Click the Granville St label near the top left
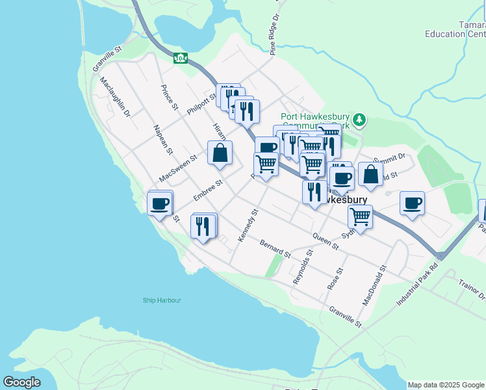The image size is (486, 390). (107, 58)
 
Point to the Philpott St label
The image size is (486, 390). (201, 103)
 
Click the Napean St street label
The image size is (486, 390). (163, 140)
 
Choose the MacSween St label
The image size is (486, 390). (178, 168)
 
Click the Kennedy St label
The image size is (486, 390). (248, 226)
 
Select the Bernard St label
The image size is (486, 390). (274, 248)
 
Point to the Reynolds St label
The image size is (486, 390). (303, 265)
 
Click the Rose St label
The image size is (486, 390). (336, 279)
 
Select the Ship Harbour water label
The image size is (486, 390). (162, 300)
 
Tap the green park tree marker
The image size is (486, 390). (359, 120)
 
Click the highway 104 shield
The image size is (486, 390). (181, 58)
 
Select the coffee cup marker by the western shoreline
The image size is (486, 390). (159, 205)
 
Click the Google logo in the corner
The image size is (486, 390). (22, 382)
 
